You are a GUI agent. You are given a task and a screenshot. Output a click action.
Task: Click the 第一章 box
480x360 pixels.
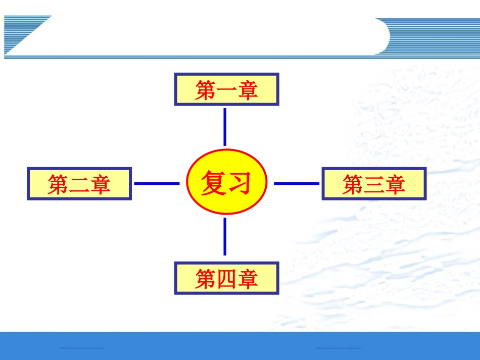(x=226, y=89)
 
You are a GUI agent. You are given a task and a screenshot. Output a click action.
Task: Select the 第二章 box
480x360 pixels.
(x=79, y=184)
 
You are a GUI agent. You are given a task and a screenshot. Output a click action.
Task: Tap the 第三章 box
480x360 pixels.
(x=374, y=184)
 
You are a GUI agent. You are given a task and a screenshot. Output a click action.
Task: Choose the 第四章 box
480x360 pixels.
(x=226, y=278)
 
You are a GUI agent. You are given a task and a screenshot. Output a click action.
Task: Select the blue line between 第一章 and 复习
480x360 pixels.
(x=225, y=127)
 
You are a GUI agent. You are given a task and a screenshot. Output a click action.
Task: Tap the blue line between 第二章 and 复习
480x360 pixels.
(x=157, y=183)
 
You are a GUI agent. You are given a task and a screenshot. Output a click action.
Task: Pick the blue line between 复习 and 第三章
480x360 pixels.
(x=297, y=183)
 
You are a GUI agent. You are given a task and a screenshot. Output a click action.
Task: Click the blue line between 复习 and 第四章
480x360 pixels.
(x=225, y=237)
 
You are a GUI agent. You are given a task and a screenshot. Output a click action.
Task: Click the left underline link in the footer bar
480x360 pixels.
(x=82, y=347)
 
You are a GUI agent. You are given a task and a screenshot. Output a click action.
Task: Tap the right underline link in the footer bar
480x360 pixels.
(x=338, y=347)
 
